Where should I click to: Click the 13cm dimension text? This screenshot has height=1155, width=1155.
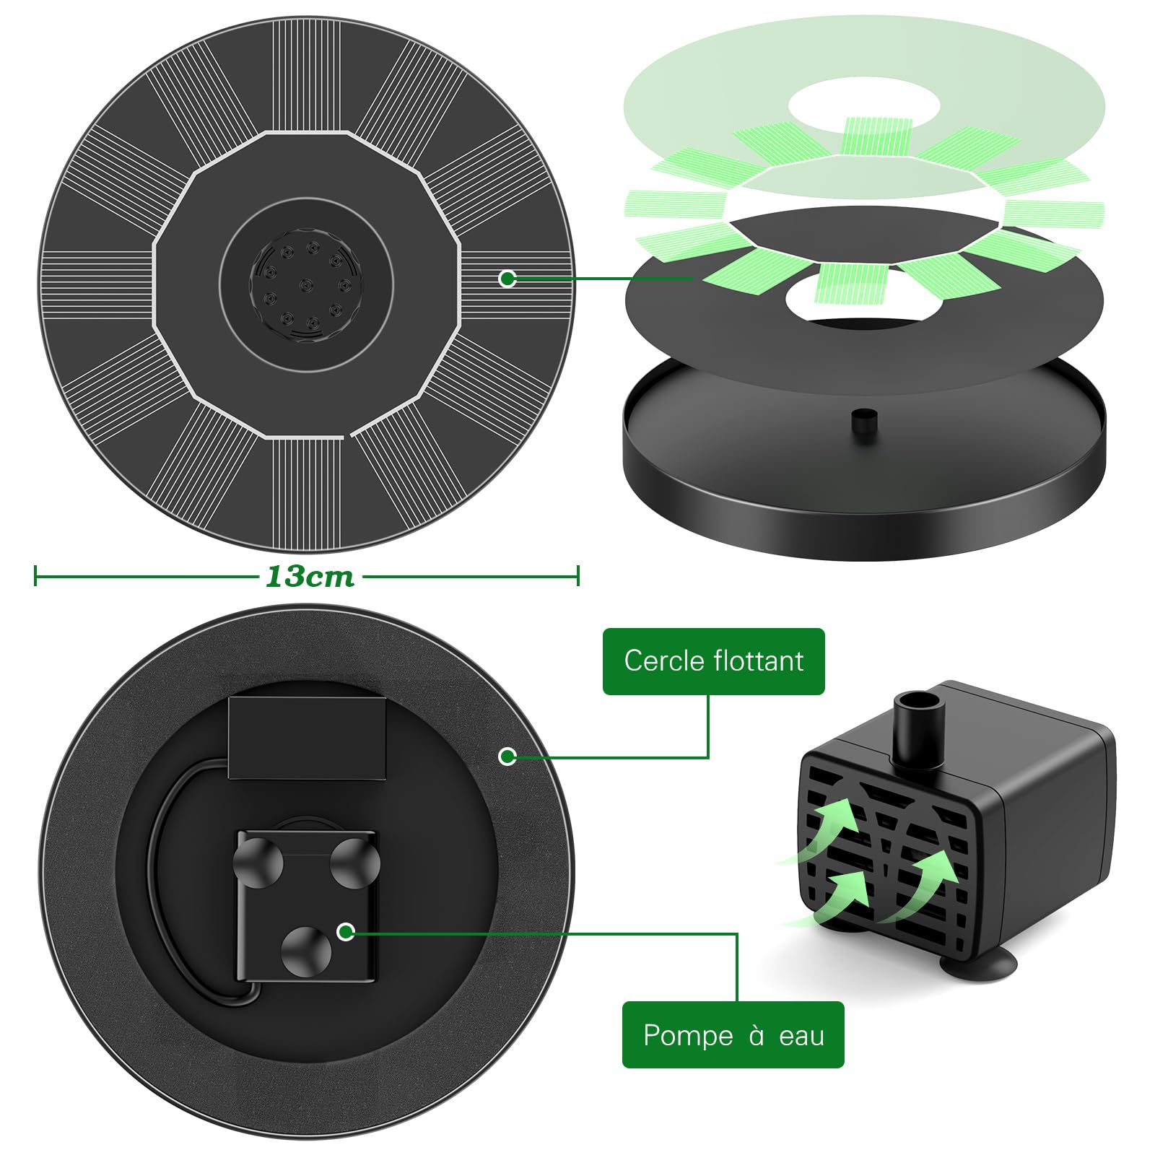click(x=310, y=576)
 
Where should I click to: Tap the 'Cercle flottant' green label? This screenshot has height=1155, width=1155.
click(x=713, y=661)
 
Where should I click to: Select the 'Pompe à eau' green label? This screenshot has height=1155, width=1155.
click(x=733, y=1035)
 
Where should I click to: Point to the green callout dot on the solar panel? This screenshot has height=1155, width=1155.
click(x=507, y=278)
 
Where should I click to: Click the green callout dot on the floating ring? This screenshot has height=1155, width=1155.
click(x=507, y=756)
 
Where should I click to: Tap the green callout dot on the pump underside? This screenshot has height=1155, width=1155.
click(x=346, y=931)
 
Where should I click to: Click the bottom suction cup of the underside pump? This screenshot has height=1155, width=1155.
click(x=306, y=951)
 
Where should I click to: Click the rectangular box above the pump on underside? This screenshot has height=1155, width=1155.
click(x=307, y=738)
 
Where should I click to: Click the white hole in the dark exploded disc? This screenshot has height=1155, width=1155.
click(x=863, y=302)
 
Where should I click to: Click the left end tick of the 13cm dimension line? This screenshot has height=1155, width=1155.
click(x=35, y=576)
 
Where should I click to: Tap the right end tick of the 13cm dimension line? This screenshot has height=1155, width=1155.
click(x=577, y=576)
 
